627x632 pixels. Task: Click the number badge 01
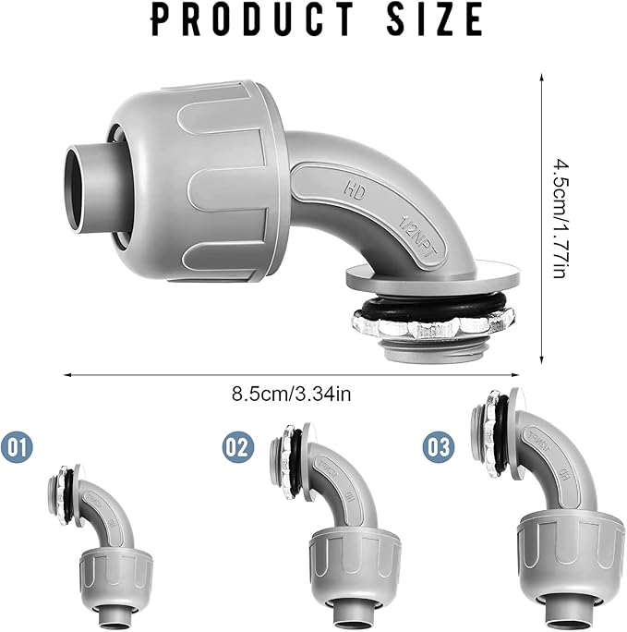18,448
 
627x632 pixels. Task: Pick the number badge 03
438,448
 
